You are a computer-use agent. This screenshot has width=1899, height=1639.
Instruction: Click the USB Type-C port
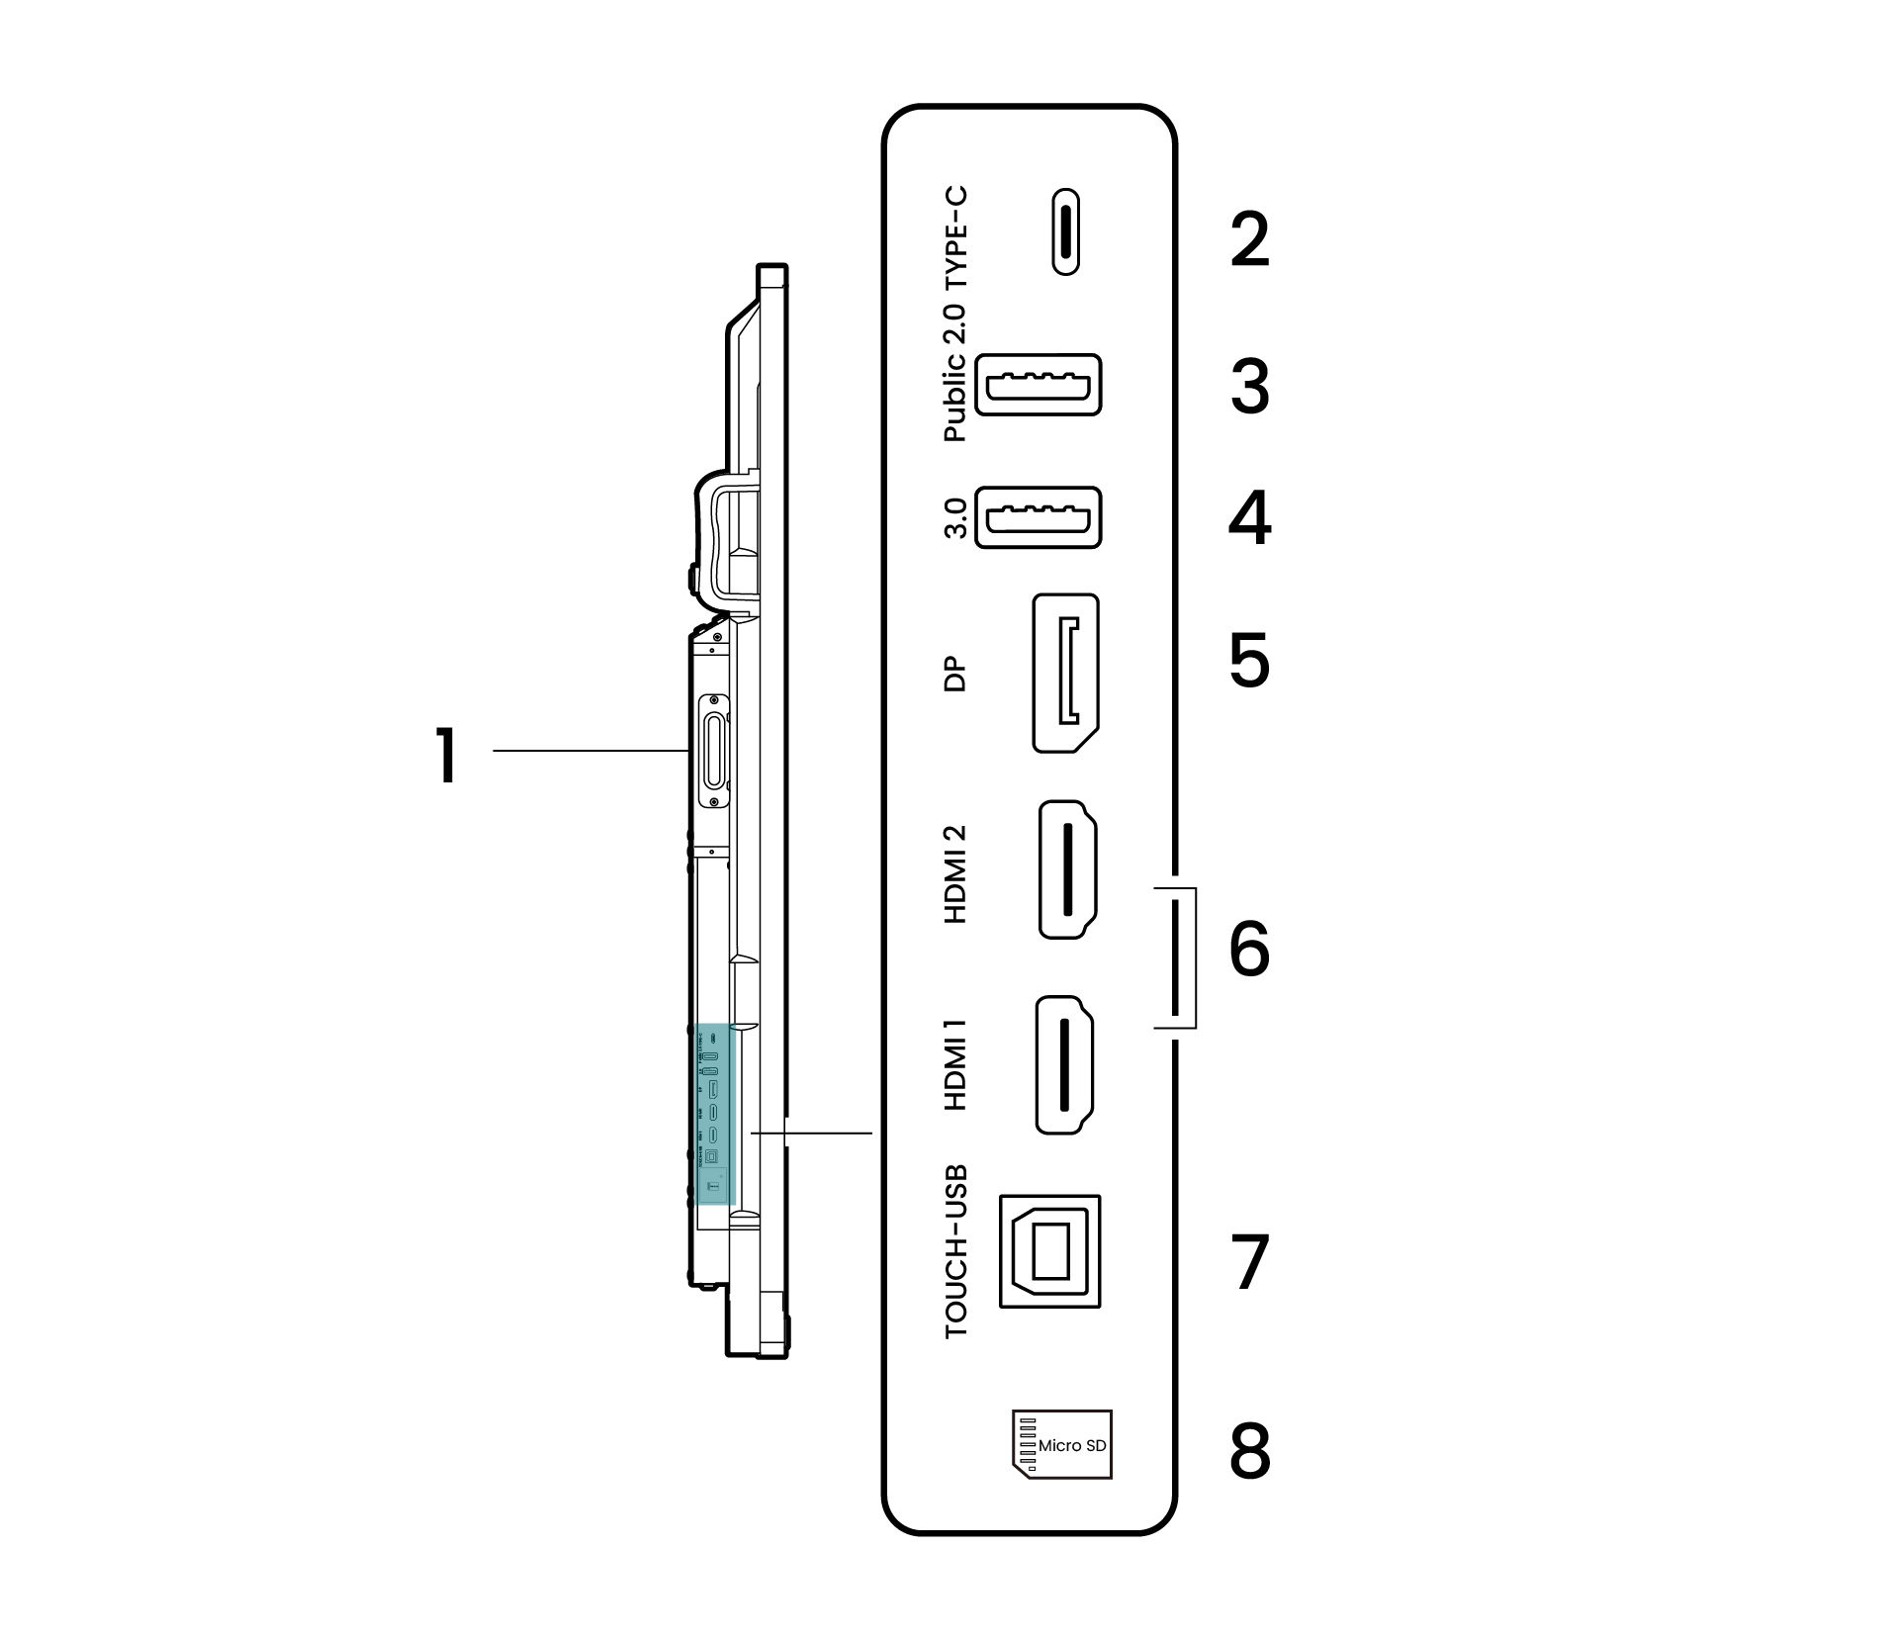pos(1065,231)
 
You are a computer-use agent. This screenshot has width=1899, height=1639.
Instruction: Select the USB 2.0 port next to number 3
pos(1038,384)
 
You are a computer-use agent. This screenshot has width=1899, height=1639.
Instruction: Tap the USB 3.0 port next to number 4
pos(1038,517)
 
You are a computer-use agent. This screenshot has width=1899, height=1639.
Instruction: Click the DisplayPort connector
pos(1065,674)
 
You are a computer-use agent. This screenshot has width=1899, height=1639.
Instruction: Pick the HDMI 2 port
pos(1067,869)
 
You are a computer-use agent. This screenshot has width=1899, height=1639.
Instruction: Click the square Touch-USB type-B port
pos(1049,1251)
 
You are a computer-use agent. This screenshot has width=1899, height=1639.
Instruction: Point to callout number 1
pos(447,755)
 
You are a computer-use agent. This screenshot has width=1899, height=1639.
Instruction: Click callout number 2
pos(1249,239)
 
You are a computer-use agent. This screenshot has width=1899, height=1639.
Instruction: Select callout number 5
pos(1249,661)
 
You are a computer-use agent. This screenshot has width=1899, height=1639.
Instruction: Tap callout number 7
pos(1249,1262)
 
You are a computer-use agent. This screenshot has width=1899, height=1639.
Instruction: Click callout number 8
pos(1249,1451)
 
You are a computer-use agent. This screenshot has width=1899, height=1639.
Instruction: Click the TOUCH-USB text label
pos(956,1251)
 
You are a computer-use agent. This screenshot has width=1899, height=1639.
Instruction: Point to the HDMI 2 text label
pos(955,874)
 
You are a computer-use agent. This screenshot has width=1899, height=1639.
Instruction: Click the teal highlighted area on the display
pos(713,1114)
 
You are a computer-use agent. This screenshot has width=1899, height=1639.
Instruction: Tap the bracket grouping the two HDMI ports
pos(1192,957)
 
